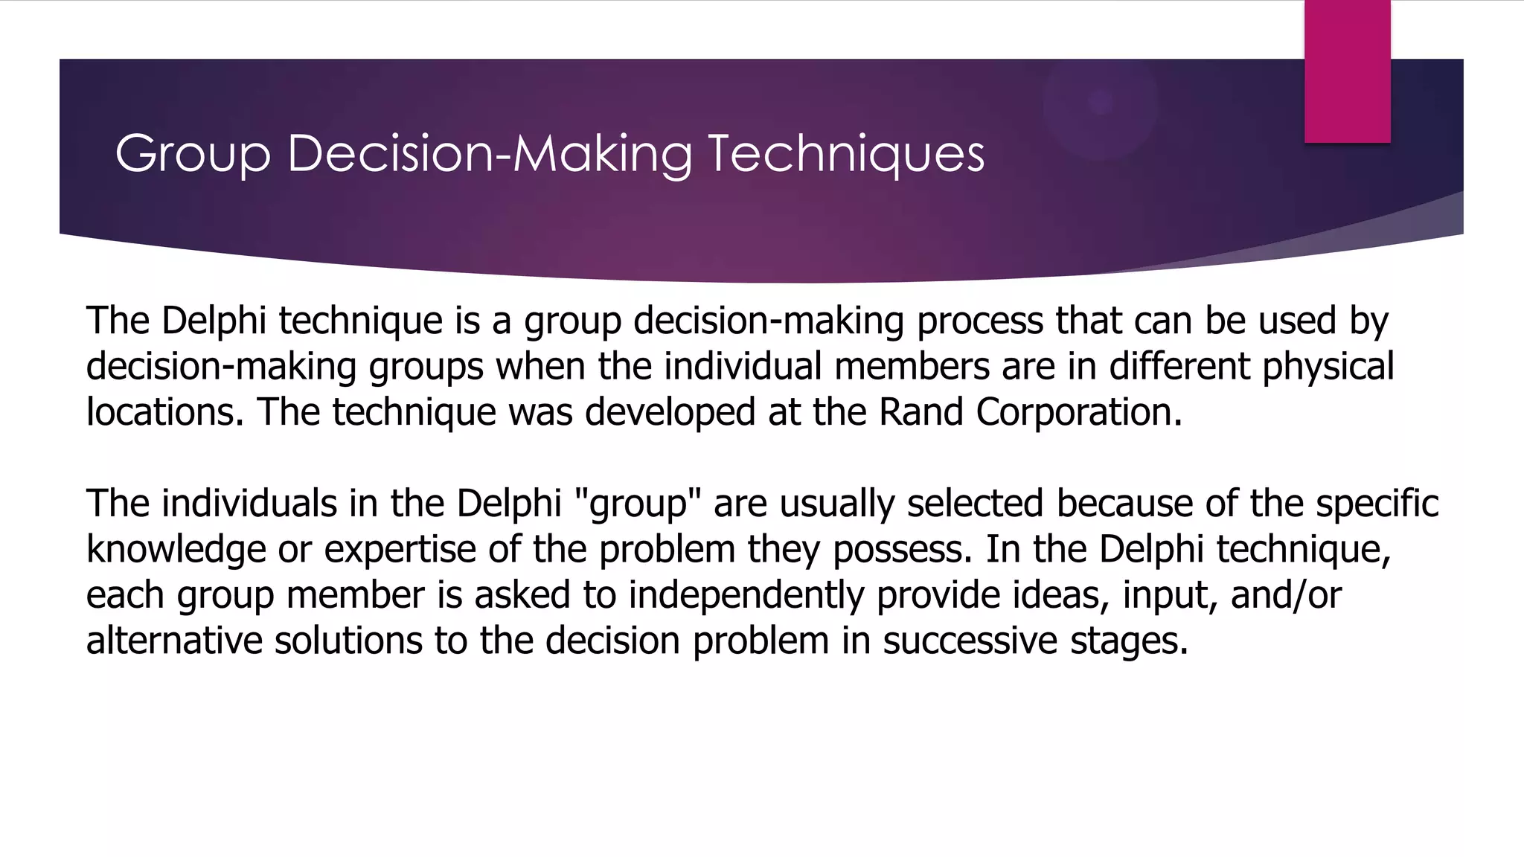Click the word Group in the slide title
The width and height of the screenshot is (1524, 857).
pos(192,154)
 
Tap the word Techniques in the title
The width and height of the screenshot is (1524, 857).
pos(845,154)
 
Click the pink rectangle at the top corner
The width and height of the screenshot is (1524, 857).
pos(1347,71)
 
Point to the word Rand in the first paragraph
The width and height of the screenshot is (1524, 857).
pos(921,411)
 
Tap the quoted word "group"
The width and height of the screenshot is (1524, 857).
pos(638,504)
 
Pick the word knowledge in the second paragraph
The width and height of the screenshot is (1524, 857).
pos(176,550)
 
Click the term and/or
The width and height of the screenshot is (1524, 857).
pos(1286,595)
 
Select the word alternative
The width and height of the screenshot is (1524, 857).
pos(174,641)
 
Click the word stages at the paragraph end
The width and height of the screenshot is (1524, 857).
pos(1127,641)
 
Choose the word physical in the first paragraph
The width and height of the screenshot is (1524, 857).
pos(1328,366)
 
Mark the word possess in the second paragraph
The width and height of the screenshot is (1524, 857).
pos(902,550)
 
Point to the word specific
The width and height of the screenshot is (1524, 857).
pos(1377,504)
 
